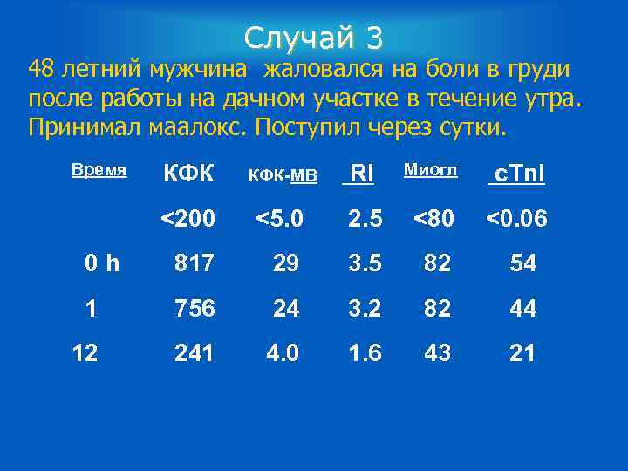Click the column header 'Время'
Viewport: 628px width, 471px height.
coord(99,170)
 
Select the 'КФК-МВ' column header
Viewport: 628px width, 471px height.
coord(283,176)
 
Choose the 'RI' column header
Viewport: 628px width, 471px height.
coord(361,174)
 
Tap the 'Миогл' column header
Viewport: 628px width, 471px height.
coord(430,170)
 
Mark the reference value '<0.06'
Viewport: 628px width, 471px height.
coord(516,218)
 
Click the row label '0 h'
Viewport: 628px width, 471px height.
coord(103,263)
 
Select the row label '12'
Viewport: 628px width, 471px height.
coord(85,353)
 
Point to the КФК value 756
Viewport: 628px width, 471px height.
coord(194,309)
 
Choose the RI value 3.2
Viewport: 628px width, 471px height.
coord(364,309)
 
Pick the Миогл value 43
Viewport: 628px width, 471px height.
coord(437,353)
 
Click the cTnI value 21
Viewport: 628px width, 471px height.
coord(522,353)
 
